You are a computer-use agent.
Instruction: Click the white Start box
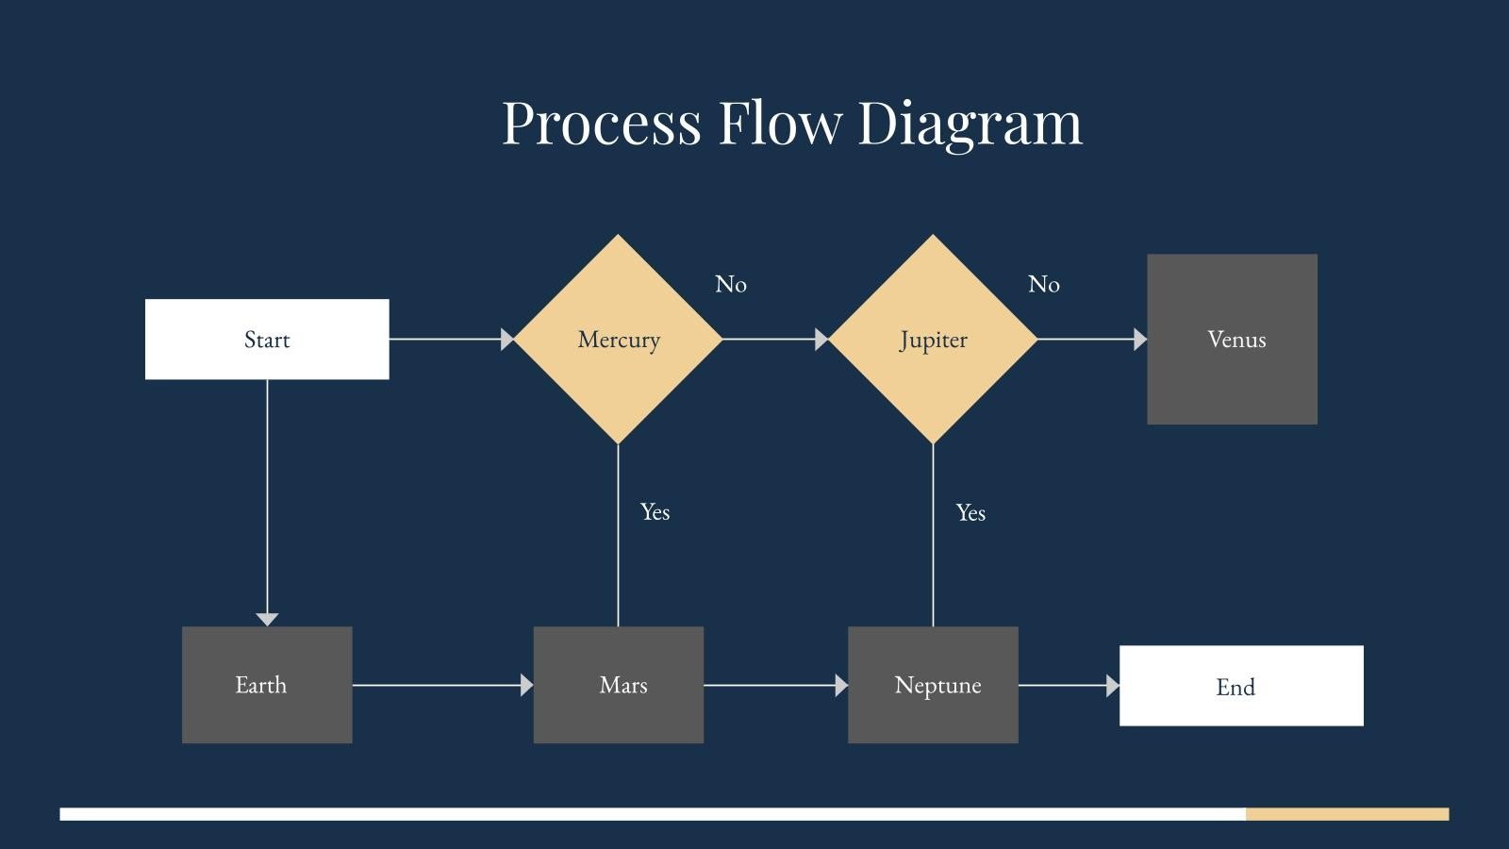(267, 340)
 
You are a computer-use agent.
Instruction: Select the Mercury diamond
(619, 340)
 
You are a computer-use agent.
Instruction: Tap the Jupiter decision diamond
(933, 340)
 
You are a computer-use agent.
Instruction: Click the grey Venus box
(1232, 340)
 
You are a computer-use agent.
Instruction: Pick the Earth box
(267, 685)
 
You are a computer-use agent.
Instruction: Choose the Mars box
(619, 685)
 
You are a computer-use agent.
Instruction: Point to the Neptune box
(933, 685)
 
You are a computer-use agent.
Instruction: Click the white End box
(1241, 686)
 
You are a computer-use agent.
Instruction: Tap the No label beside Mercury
(731, 284)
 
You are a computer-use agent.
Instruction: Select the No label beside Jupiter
(1044, 284)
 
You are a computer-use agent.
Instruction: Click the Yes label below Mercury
(655, 512)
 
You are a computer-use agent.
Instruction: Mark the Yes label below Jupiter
(970, 513)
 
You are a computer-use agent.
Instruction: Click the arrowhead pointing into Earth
(267, 619)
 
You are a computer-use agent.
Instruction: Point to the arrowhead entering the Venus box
(1140, 339)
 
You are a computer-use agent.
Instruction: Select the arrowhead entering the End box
(1113, 686)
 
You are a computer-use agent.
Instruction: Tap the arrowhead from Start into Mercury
(507, 339)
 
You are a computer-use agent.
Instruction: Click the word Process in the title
(601, 123)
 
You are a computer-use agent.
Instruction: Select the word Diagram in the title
(970, 123)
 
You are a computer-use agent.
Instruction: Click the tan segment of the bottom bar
(1347, 814)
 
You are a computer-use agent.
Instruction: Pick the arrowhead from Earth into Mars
(527, 686)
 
